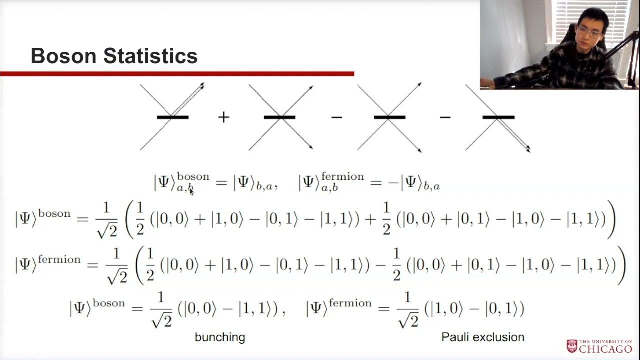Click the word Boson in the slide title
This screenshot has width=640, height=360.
pyautogui.click(x=64, y=56)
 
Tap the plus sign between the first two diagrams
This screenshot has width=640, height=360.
pyautogui.click(x=223, y=117)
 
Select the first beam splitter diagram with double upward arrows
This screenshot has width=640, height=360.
pyautogui.click(x=172, y=117)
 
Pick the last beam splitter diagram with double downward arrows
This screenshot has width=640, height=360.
pyautogui.click(x=498, y=117)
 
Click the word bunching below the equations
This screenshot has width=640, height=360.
pyautogui.click(x=220, y=337)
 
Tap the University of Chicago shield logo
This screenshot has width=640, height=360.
pyautogui.click(x=572, y=346)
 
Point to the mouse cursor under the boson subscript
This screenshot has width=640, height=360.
pyautogui.click(x=191, y=191)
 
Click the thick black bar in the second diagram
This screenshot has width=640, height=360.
pyautogui.click(x=280, y=117)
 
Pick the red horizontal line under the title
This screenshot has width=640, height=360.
pyautogui.click(x=177, y=74)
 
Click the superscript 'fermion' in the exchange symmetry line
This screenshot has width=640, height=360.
pyautogui.click(x=343, y=177)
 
